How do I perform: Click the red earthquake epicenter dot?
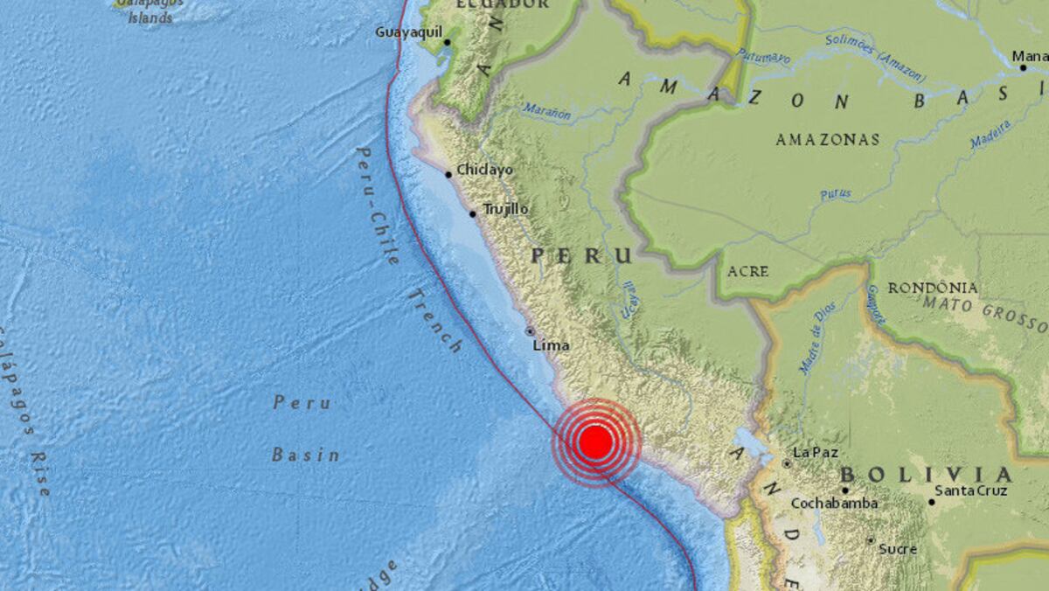[x=595, y=442]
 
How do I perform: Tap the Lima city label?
[x=551, y=345]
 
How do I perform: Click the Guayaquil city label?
[x=406, y=32]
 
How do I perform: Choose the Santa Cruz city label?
[x=970, y=491]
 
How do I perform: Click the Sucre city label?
[x=897, y=549]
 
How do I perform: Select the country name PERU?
[x=581, y=255]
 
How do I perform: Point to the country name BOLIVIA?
[x=926, y=475]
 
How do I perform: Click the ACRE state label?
[x=747, y=271]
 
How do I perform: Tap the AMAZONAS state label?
[x=827, y=140]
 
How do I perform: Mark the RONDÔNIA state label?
[x=933, y=288]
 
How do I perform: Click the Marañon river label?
[x=547, y=112]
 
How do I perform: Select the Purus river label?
[x=836, y=194]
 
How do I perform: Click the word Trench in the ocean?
[x=434, y=321]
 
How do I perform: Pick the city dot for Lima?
[x=530, y=331]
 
